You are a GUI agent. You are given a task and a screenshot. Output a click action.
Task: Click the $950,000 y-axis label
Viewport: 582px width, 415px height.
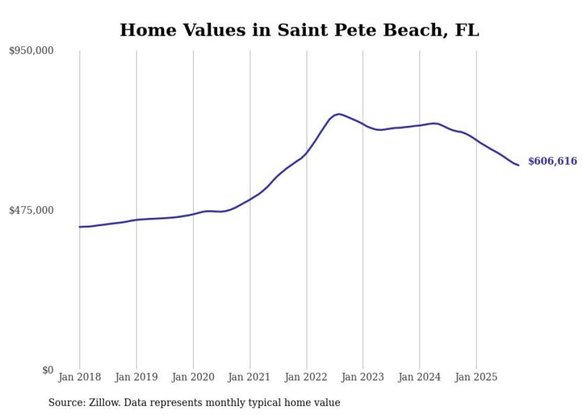coord(31,51)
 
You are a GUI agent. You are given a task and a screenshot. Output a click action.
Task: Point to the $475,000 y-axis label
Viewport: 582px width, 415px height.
coord(31,210)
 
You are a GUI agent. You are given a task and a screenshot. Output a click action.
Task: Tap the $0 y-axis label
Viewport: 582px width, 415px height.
coord(48,370)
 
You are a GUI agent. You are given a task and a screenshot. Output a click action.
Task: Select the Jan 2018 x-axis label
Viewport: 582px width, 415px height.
coord(80,377)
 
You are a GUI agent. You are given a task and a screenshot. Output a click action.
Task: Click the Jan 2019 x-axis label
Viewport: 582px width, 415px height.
coord(136,377)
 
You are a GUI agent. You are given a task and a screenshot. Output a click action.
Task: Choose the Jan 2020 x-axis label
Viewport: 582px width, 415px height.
coord(193,377)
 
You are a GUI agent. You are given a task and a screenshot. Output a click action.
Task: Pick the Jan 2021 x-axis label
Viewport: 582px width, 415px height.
coord(249,377)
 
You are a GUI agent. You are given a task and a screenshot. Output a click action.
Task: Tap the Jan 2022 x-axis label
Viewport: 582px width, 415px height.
coord(306,377)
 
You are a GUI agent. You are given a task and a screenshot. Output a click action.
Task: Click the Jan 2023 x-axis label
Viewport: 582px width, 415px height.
coord(363,377)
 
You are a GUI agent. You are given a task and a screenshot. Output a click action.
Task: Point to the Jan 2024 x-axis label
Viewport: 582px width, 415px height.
coord(419,377)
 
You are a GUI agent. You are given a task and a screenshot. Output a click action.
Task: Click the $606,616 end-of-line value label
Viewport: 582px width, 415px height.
coord(552,161)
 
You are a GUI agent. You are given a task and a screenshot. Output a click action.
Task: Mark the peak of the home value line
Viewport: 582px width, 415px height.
coord(339,114)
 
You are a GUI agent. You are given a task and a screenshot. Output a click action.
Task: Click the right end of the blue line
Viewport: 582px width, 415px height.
coord(518,165)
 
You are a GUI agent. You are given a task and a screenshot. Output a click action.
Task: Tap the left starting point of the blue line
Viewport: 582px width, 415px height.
coord(80,227)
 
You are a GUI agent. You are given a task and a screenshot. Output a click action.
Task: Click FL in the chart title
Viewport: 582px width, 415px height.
coord(467,30)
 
